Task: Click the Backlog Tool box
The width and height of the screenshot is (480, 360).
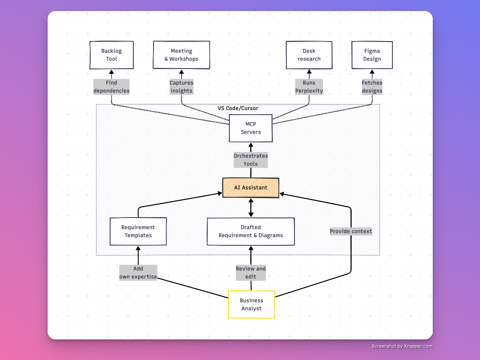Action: pyautogui.click(x=112, y=55)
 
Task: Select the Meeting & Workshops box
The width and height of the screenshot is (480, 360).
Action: pyautogui.click(x=181, y=55)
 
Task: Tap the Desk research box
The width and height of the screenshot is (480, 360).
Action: pyautogui.click(x=309, y=55)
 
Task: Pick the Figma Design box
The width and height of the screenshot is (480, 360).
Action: pyautogui.click(x=372, y=55)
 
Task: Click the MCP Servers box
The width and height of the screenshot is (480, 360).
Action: pyautogui.click(x=251, y=128)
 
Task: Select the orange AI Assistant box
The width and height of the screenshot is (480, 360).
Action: pyautogui.click(x=251, y=187)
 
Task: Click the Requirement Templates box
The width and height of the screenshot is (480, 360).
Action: pyautogui.click(x=138, y=231)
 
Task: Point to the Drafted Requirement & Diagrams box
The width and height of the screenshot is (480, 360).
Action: pyautogui.click(x=251, y=231)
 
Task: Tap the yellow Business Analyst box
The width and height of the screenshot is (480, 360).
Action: pyautogui.click(x=251, y=304)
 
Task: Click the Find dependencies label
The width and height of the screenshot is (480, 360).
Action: pyautogui.click(x=112, y=87)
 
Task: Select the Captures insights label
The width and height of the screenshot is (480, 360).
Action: pyautogui.click(x=181, y=87)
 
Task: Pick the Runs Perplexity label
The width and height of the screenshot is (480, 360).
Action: pyautogui.click(x=309, y=87)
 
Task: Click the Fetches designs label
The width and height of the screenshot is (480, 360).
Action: pyautogui.click(x=372, y=87)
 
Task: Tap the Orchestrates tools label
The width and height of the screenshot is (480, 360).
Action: pyautogui.click(x=251, y=160)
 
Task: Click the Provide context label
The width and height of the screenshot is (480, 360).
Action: pyautogui.click(x=351, y=231)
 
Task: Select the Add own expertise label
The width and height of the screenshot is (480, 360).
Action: pyautogui.click(x=138, y=273)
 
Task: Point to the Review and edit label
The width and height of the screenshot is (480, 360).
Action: pyautogui.click(x=251, y=273)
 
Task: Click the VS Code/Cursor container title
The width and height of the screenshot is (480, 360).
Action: pyautogui.click(x=238, y=108)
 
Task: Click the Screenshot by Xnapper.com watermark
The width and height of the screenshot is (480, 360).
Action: pyautogui.click(x=402, y=346)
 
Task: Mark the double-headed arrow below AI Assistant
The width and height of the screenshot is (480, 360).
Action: pyautogui.click(x=251, y=208)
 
